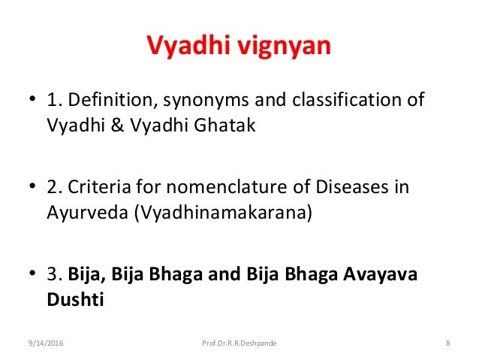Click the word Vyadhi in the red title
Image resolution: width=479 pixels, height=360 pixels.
pyautogui.click(x=188, y=46)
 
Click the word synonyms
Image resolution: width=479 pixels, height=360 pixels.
pyautogui.click(x=206, y=101)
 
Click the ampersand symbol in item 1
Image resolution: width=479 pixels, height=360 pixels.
pyautogui.click(x=117, y=125)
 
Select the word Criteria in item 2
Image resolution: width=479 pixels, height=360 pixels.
pyautogui.click(x=99, y=186)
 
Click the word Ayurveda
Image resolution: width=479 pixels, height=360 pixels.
pyautogui.click(x=87, y=212)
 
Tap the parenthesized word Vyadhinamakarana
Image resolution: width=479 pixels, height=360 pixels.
pyautogui.click(x=223, y=212)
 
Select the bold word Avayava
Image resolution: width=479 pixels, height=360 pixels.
pyautogui.click(x=380, y=274)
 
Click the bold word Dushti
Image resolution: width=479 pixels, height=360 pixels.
pyautogui.click(x=75, y=299)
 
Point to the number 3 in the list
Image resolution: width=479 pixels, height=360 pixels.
pyautogui.click(x=53, y=274)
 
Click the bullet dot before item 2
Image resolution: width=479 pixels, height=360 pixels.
pyautogui.click(x=32, y=186)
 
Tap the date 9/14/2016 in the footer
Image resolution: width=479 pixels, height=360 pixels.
pyautogui.click(x=46, y=343)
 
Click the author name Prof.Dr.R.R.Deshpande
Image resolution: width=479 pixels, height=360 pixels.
pyautogui.click(x=239, y=343)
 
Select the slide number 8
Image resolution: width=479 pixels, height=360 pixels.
pyautogui.click(x=447, y=343)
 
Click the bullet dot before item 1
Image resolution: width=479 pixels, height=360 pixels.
pyautogui.click(x=32, y=98)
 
